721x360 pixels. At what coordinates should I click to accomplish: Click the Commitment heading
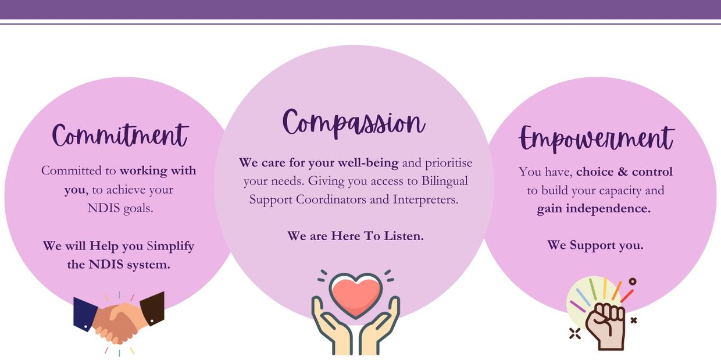pos(120,136)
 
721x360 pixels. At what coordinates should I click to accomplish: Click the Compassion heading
pos(354,124)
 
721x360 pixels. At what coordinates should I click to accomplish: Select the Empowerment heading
pos(597,138)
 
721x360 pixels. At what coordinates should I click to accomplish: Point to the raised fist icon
pos(605,326)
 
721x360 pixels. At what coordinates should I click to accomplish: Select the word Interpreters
pos(426,199)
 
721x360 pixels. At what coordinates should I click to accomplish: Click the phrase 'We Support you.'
pos(595,245)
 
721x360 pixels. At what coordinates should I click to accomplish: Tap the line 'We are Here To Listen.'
pos(355,236)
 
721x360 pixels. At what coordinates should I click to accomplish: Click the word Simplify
pos(170,247)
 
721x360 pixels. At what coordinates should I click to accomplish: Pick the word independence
pos(608,209)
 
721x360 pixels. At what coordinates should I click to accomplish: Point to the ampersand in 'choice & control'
pos(623,172)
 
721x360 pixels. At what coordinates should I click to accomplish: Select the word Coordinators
pos(331,199)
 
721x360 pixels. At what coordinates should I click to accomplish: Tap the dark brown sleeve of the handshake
pos(152,308)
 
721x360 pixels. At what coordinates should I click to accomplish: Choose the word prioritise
pos(449,163)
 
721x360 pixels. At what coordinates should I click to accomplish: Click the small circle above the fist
pos(633,281)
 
